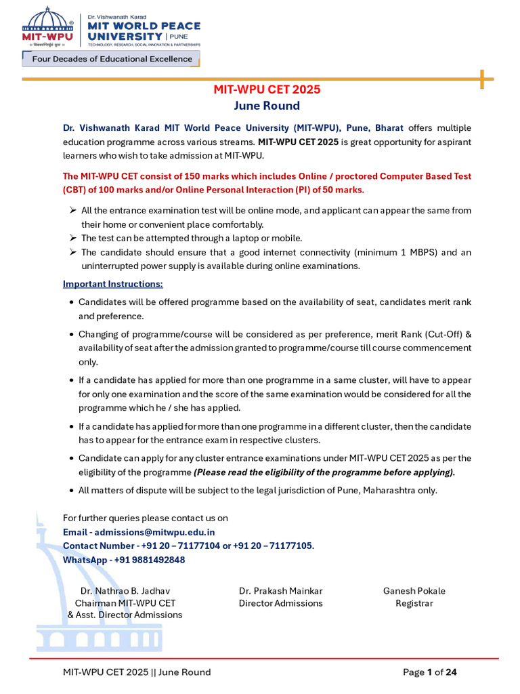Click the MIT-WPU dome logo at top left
tap(46, 28)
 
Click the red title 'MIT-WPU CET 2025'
tap(267, 89)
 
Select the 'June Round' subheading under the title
tap(267, 106)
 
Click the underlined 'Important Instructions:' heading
tap(113, 283)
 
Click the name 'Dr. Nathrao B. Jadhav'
tap(125, 591)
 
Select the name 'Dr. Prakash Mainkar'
tap(280, 591)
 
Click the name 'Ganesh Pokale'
tap(414, 591)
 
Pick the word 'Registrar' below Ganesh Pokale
tap(414, 603)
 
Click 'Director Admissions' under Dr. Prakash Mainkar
tap(280, 603)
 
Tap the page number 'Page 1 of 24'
tap(430, 672)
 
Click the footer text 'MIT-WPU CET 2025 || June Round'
tap(137, 672)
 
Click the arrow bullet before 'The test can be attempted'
tap(72, 238)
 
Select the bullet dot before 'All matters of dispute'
tap(72, 490)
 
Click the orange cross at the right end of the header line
tap(482, 79)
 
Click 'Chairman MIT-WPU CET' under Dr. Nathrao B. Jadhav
tap(125, 603)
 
